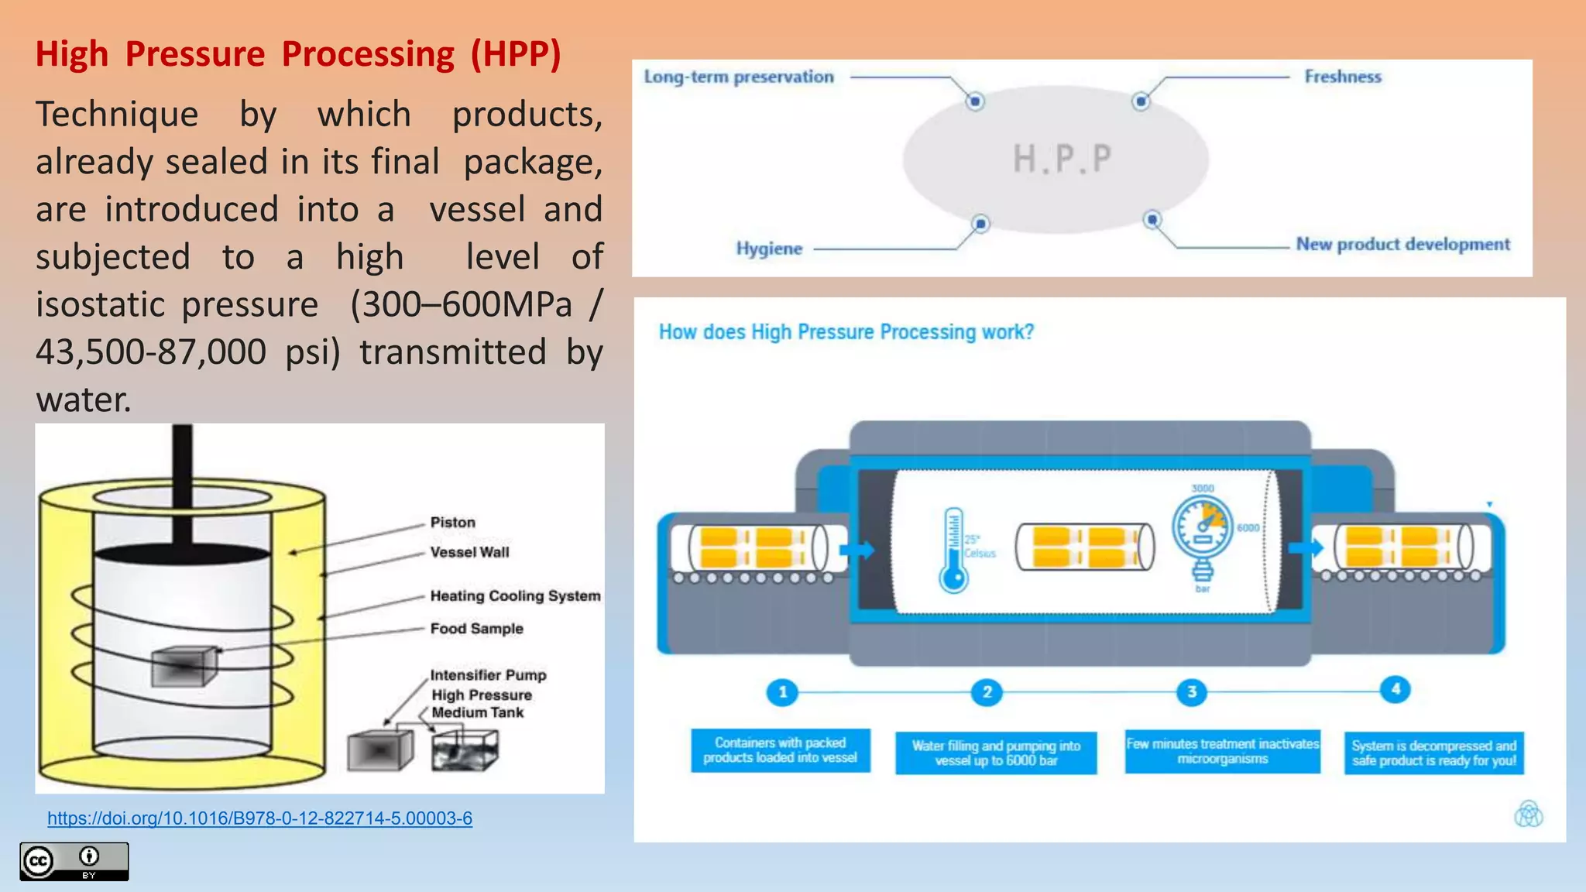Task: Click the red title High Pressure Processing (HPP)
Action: click(x=298, y=54)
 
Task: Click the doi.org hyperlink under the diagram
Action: click(x=259, y=818)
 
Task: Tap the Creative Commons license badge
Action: click(x=74, y=861)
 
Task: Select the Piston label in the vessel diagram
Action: click(x=453, y=523)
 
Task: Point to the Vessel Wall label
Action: click(x=469, y=552)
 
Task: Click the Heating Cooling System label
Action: click(x=515, y=595)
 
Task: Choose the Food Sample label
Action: click(x=476, y=629)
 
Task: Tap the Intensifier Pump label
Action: click(x=488, y=675)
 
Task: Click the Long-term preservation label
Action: click(x=739, y=77)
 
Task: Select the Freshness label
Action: click(x=1343, y=77)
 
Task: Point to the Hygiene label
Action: click(x=769, y=249)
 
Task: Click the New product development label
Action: click(x=1402, y=245)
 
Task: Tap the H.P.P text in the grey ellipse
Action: click(x=1062, y=159)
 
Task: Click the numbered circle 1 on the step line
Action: click(x=782, y=691)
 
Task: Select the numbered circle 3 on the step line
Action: click(x=1192, y=691)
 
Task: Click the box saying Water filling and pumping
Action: click(x=996, y=753)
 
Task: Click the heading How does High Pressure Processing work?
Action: click(x=846, y=332)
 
